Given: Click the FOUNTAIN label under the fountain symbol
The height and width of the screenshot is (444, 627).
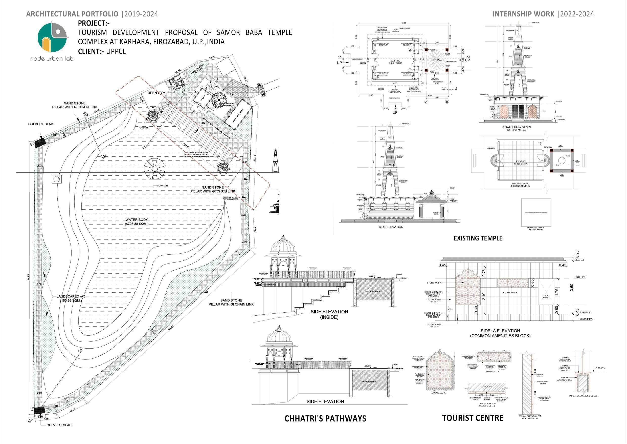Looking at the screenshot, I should (x=163, y=186).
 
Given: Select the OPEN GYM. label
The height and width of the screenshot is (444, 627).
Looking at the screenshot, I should (x=157, y=93).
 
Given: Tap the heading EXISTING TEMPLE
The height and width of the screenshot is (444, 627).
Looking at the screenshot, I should (x=478, y=238).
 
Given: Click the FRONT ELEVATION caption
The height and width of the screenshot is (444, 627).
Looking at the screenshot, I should (x=517, y=127).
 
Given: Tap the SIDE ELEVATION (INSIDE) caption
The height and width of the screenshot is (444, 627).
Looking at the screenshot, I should (x=329, y=314).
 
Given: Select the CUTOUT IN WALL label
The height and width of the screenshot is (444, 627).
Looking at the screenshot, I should (x=546, y=296).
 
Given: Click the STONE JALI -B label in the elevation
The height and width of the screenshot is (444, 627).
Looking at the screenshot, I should (x=510, y=293).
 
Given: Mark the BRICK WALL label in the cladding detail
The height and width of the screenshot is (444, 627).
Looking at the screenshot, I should (x=488, y=387).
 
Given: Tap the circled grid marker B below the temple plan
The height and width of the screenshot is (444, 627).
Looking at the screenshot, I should (x=447, y=102).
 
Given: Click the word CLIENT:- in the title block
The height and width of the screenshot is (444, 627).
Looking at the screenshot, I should (x=91, y=51).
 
